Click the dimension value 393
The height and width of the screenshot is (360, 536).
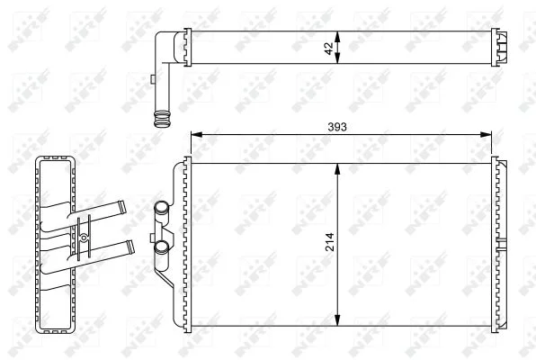[x=337, y=127]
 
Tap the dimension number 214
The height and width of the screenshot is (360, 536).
[x=330, y=242]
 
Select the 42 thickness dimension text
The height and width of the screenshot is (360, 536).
[x=329, y=49]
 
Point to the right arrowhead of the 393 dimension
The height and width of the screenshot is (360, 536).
[x=486, y=134]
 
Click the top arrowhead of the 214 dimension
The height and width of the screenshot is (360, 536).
[x=337, y=169]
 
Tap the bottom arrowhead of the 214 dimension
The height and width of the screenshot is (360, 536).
[x=337, y=320]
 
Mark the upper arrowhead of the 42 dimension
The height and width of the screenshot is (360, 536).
[x=337, y=37]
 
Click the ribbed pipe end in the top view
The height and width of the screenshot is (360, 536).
[x=162, y=119]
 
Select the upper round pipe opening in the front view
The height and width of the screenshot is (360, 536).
[x=161, y=207]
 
